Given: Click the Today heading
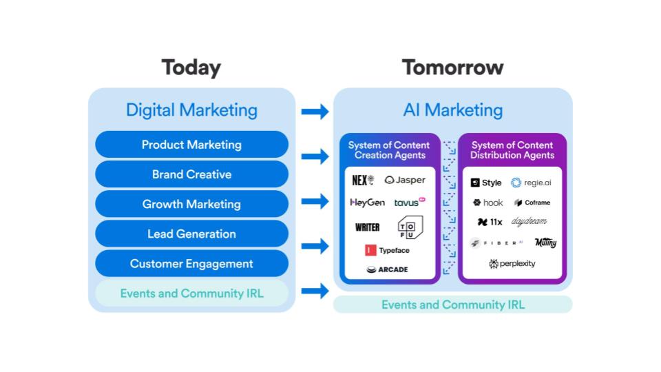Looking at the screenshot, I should tap(191, 68).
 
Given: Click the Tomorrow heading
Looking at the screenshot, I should tap(452, 68).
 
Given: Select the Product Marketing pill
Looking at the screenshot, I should tap(191, 145).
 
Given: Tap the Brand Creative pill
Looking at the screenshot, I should tap(191, 174).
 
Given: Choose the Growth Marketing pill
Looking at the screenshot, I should tap(191, 204).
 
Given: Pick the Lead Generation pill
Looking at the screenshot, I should tap(191, 234).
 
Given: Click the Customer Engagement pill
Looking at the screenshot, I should tap(191, 263).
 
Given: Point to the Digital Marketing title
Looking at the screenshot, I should tap(191, 110).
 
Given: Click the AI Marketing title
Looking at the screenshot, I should tap(452, 110).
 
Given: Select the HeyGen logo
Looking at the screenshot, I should tap(367, 203).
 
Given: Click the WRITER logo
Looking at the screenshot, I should tap(367, 227).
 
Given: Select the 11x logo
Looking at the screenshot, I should tap(490, 223).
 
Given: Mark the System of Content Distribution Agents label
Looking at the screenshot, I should tap(512, 150).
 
